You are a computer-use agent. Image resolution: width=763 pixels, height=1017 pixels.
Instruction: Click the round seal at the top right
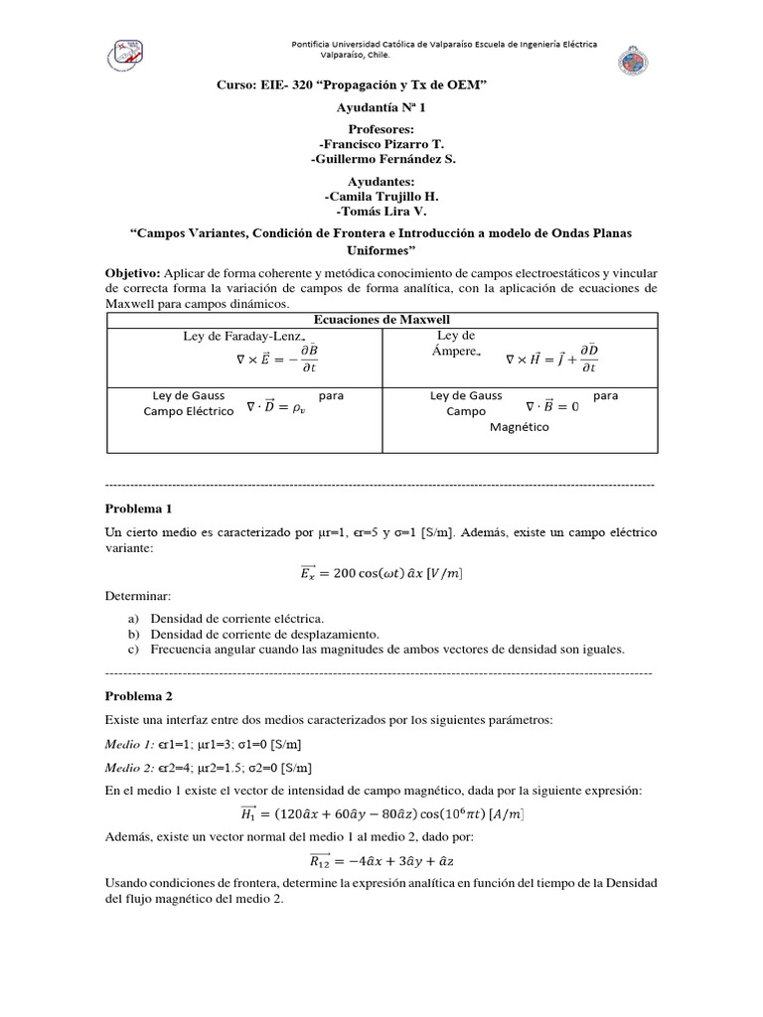633,59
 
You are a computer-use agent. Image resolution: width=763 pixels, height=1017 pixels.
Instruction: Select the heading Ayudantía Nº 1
381,107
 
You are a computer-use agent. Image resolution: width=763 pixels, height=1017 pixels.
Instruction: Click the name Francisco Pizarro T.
381,144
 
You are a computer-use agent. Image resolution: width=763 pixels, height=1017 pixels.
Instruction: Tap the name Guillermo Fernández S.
382,159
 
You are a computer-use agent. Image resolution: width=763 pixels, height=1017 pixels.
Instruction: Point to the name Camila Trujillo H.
381,196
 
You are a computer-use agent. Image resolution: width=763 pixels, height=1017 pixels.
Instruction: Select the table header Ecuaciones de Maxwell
381,319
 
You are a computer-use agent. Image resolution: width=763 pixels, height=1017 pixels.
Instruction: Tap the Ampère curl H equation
552,360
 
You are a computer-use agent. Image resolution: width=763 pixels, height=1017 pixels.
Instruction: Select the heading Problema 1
139,508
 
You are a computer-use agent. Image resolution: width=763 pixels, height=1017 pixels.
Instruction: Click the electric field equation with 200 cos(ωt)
381,573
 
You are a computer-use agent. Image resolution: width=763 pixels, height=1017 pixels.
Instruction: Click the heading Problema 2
139,695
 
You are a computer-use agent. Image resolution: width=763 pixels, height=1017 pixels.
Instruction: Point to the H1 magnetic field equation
381,814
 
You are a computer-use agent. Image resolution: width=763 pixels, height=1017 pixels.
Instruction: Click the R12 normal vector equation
381,860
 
